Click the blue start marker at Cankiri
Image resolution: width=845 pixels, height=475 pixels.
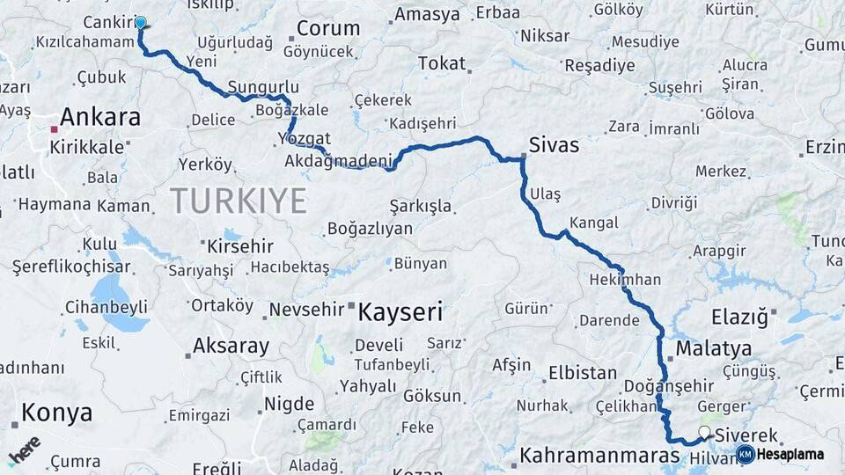click(140, 22)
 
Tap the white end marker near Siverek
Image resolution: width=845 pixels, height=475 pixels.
click(704, 432)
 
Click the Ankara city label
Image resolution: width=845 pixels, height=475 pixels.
click(100, 117)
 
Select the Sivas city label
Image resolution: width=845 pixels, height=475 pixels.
click(554, 144)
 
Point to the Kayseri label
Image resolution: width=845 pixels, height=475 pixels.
click(400, 311)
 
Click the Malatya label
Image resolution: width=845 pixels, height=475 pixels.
click(714, 348)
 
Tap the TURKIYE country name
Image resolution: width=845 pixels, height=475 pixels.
click(239, 201)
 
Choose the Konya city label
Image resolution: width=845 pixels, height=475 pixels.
click(56, 412)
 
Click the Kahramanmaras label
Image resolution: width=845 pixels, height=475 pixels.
click(599, 456)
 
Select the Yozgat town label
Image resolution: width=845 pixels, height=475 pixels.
click(304, 139)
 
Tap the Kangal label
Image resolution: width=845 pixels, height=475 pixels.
click(593, 223)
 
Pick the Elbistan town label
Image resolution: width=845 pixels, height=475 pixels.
click(582, 372)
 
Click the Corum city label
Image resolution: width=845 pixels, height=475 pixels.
click(328, 28)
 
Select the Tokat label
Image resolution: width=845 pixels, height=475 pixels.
click(442, 63)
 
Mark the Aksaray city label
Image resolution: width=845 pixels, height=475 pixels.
click(231, 346)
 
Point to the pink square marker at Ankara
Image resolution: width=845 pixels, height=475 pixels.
click(54, 129)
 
